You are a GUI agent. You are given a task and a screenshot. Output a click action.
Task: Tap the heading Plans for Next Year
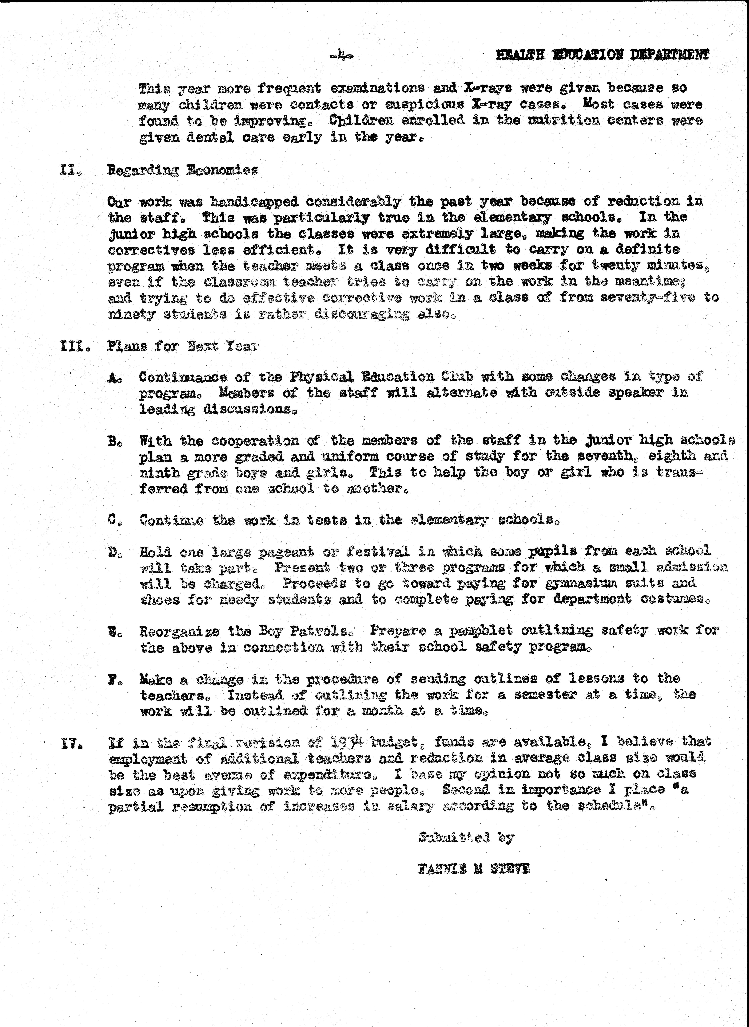(183, 346)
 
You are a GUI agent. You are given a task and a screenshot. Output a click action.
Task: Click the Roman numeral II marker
(70, 170)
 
